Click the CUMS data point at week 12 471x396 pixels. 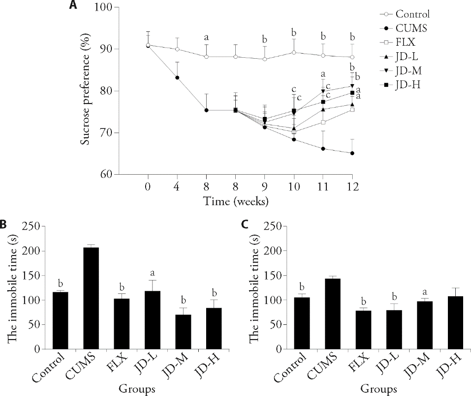tap(352, 153)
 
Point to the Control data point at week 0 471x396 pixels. tap(148, 45)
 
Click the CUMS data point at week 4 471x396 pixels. tap(177, 78)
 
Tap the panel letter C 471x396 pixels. tap(245, 224)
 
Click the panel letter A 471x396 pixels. tap(73, 6)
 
